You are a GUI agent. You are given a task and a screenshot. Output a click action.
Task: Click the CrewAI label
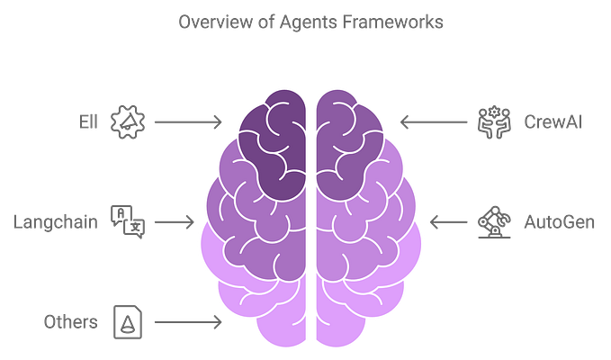(x=554, y=120)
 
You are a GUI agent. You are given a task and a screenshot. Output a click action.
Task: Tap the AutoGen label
(x=559, y=220)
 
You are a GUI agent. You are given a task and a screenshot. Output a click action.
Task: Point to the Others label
(x=69, y=320)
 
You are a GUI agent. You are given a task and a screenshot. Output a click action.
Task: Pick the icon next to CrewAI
(x=492, y=120)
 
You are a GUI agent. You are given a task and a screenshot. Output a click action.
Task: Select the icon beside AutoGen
(x=492, y=220)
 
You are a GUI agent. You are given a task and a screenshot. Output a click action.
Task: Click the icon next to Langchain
(x=127, y=220)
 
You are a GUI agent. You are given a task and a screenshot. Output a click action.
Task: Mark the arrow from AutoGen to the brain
(x=446, y=220)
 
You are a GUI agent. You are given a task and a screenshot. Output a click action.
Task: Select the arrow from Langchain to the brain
(x=175, y=220)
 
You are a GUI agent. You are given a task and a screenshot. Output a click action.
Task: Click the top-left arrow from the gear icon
(x=186, y=120)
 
